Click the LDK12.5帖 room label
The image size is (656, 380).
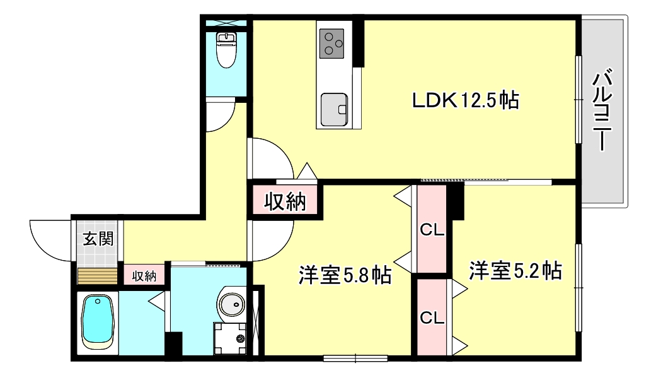(x=465, y=100)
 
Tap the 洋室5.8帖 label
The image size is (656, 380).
(x=344, y=275)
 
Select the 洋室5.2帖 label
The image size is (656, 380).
(x=515, y=271)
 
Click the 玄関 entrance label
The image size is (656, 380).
(x=97, y=239)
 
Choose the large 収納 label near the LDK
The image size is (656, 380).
(x=284, y=201)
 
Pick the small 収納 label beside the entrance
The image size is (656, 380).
(x=144, y=275)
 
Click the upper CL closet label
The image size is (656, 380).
(x=432, y=230)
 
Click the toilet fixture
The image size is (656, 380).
(x=226, y=50)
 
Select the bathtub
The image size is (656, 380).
(x=97, y=322)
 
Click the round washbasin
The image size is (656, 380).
(x=232, y=304)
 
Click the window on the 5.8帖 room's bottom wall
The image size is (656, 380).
(x=355, y=359)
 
